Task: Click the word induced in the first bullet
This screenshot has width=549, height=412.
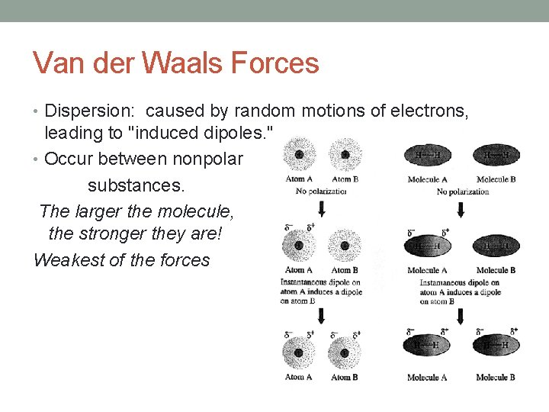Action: [x=173, y=133]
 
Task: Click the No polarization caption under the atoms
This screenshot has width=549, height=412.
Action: [x=321, y=191]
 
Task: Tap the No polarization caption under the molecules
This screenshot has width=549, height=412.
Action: [x=462, y=192]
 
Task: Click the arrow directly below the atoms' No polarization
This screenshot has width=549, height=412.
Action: [x=321, y=209]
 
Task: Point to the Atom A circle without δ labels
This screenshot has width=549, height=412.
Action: [x=299, y=156]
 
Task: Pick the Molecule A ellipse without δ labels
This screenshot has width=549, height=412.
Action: [x=427, y=156]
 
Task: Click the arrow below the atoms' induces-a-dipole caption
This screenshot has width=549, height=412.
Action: [x=321, y=316]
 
